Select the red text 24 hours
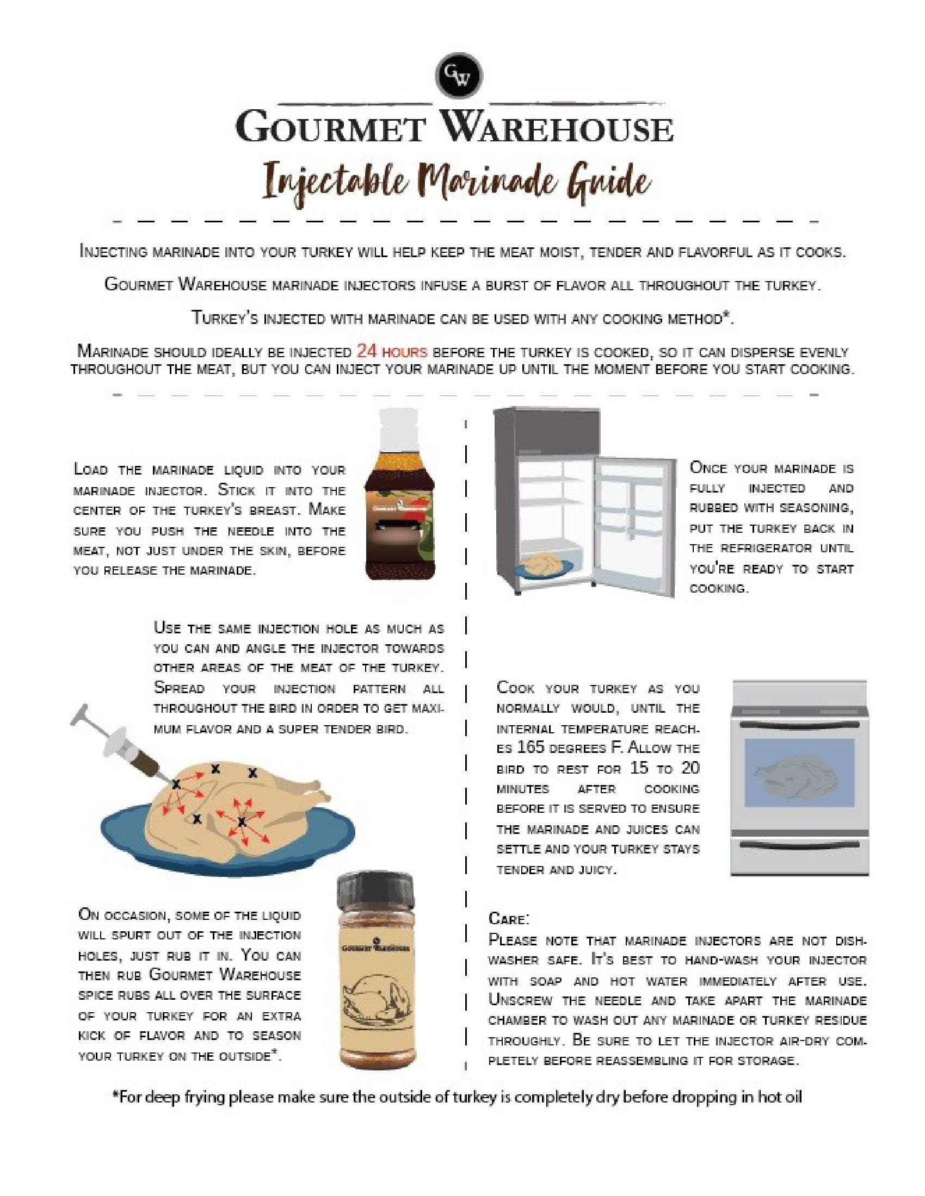[391, 351]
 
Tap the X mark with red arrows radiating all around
[242, 821]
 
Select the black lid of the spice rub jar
[375, 890]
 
